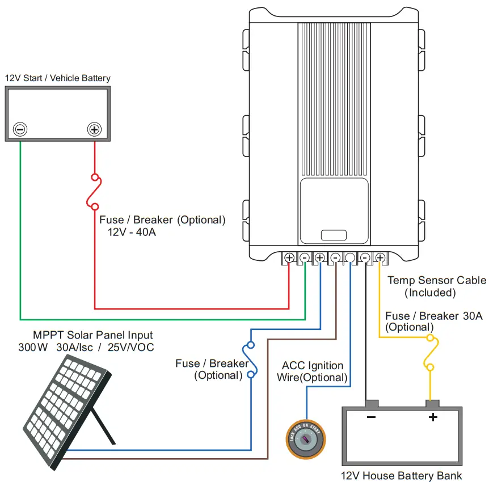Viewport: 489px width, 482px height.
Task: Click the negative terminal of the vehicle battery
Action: pyautogui.click(x=20, y=129)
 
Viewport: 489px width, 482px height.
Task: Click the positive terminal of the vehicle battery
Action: pyautogui.click(x=94, y=129)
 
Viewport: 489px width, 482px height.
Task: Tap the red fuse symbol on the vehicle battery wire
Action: pyautogui.click(x=95, y=192)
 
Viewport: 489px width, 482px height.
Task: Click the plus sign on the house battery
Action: pyautogui.click(x=433, y=418)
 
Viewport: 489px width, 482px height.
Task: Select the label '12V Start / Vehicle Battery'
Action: pyautogui.click(x=57, y=78)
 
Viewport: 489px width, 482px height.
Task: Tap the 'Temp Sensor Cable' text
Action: pyautogui.click(x=436, y=280)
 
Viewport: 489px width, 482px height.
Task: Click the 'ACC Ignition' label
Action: pyautogui.click(x=313, y=366)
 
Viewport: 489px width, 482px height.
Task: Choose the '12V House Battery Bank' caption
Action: pyautogui.click(x=402, y=475)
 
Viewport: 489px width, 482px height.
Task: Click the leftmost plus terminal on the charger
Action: pyautogui.click(x=289, y=258)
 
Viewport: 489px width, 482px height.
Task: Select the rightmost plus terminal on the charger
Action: pyautogui.click(x=380, y=258)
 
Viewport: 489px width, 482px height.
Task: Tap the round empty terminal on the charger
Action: pyautogui.click(x=350, y=258)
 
